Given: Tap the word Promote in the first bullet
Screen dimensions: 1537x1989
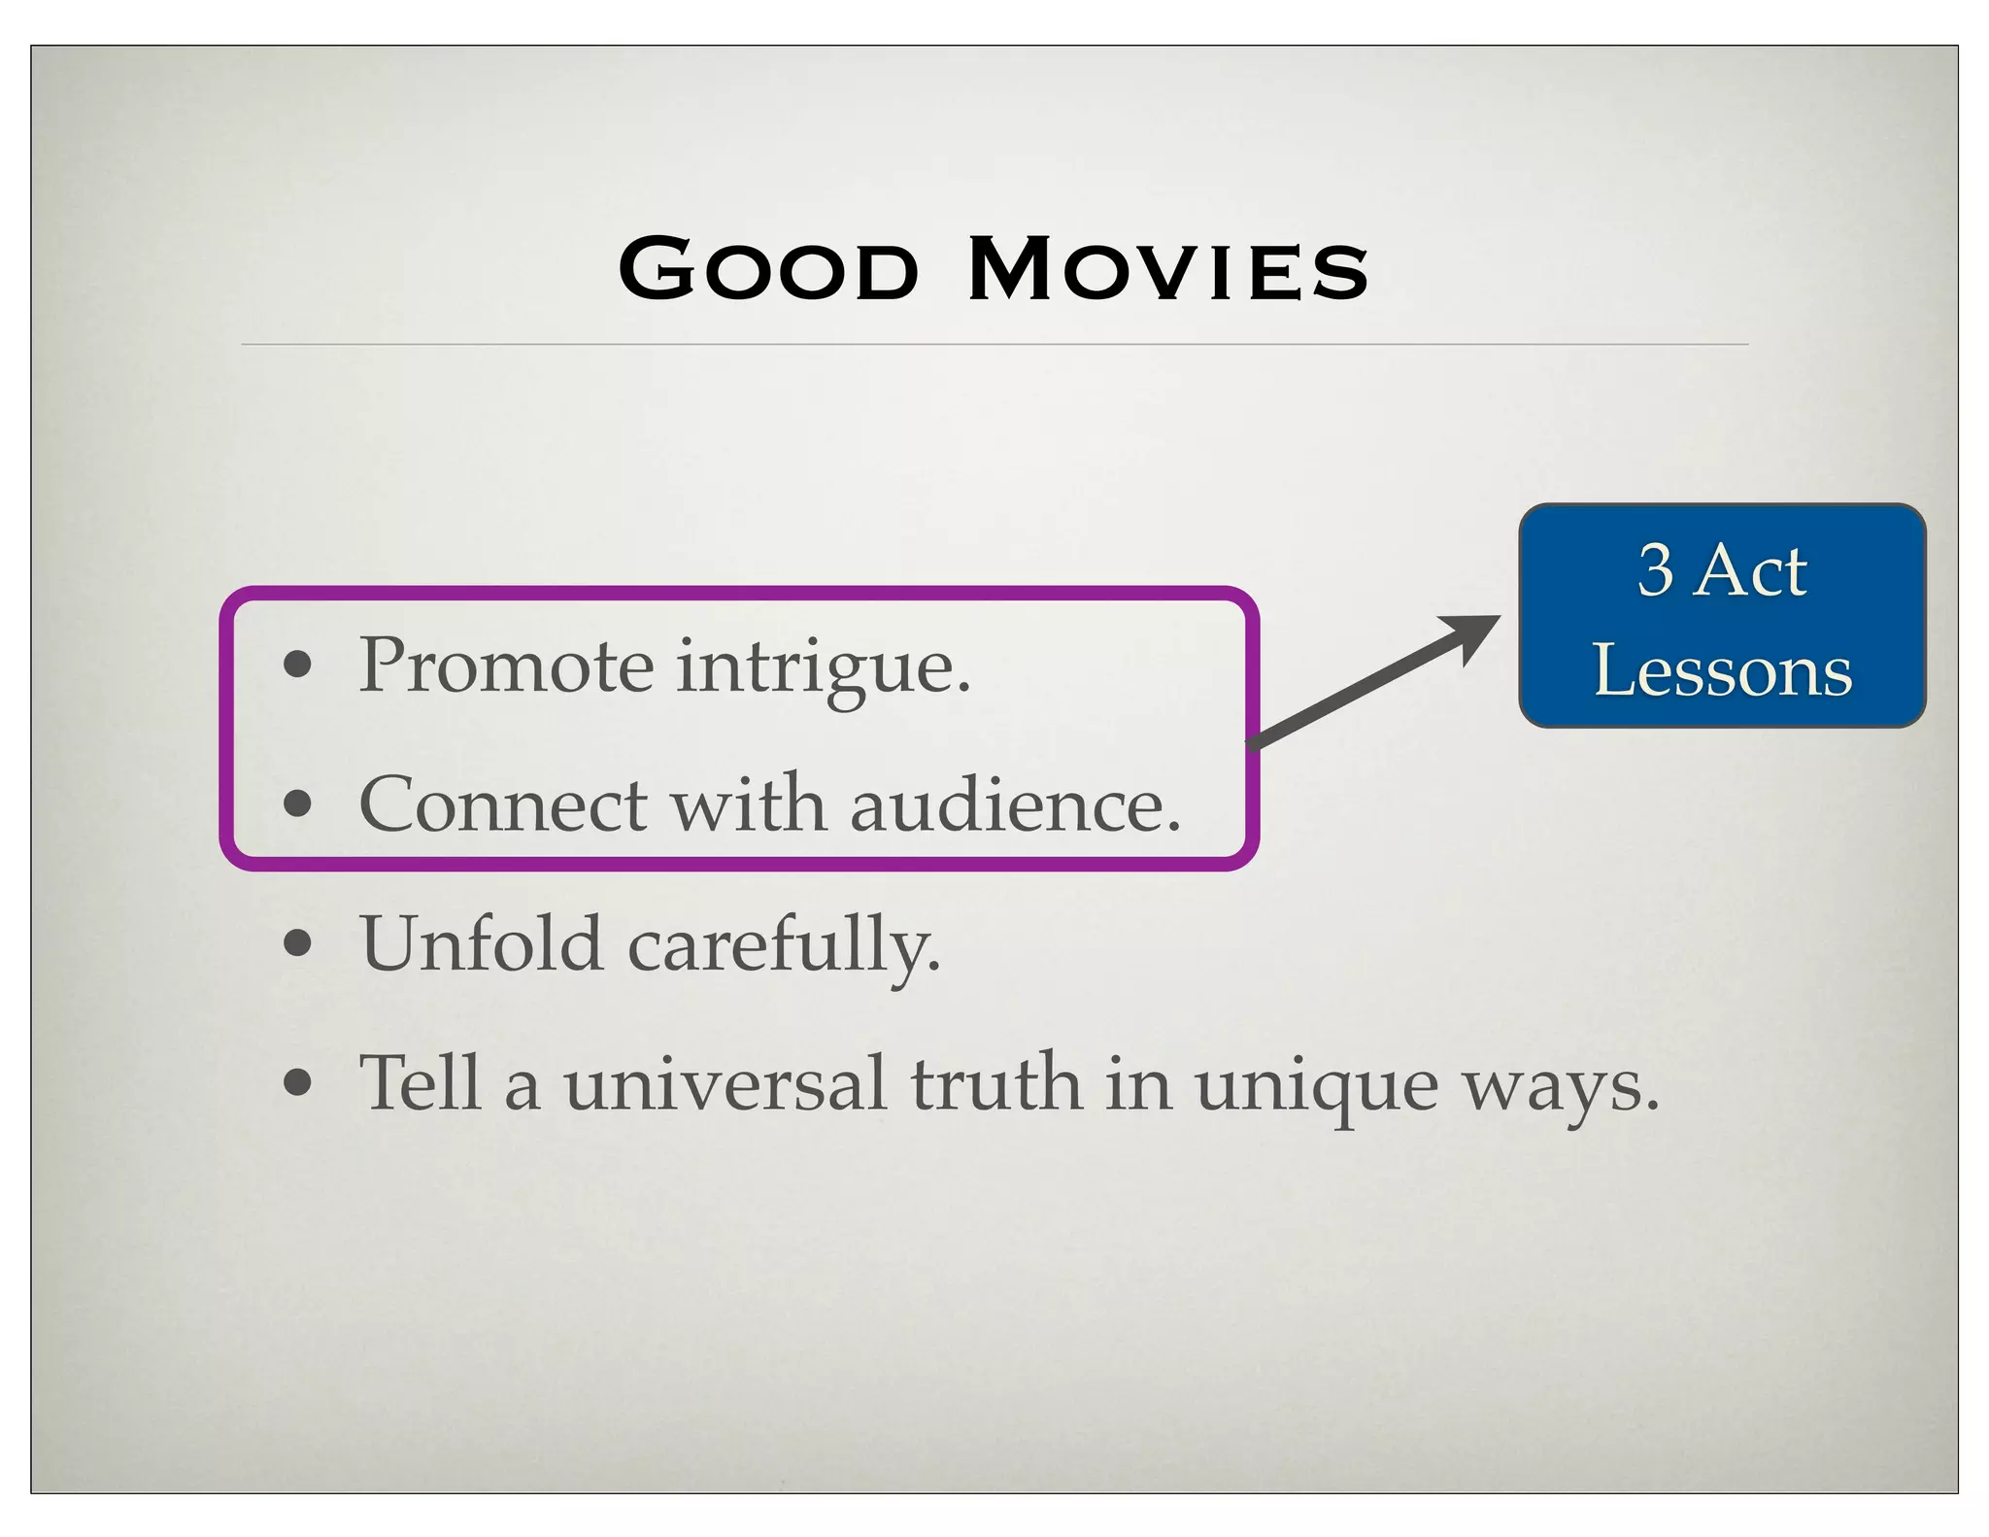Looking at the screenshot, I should click(x=506, y=666).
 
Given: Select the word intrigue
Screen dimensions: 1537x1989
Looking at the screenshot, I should click(x=823, y=670).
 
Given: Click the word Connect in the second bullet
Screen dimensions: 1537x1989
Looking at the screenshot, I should click(x=502, y=805).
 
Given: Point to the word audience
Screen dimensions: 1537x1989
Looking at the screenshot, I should click(x=1015, y=805).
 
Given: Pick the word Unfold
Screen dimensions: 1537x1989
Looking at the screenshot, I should click(x=481, y=943).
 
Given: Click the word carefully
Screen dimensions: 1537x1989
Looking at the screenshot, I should click(x=784, y=947).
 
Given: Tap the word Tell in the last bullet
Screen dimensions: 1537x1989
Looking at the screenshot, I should click(x=420, y=1082).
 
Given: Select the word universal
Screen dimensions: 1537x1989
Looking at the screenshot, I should click(x=725, y=1084).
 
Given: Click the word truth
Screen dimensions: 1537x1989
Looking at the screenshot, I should click(x=995, y=1082).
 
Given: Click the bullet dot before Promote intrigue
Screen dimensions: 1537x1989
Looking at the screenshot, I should click(x=297, y=666).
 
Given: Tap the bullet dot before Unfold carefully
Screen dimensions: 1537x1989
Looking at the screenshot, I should click(x=297, y=942).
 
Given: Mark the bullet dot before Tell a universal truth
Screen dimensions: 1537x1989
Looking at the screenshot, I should click(x=297, y=1081).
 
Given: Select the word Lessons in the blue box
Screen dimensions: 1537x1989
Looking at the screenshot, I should click(x=1723, y=670).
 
